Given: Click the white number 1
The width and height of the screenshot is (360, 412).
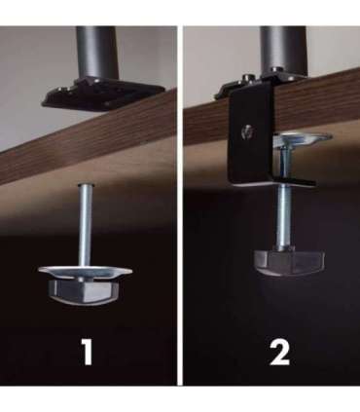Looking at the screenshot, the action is coord(87,353).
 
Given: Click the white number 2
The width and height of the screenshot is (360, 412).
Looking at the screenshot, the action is coord(279,354).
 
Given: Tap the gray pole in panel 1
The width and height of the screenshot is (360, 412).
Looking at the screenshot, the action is coord(96,53).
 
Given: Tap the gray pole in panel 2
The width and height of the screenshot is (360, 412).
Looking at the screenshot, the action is coord(283,50).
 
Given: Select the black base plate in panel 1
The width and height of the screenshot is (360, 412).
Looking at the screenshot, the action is coord(102,94).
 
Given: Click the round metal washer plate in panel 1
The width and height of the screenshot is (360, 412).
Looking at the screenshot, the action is coord(86,272).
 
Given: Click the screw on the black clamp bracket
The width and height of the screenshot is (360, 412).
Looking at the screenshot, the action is coord(247,131).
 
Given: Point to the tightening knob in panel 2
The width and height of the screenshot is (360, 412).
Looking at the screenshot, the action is coord(290,262).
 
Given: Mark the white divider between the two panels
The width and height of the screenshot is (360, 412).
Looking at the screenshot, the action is coord(180,206).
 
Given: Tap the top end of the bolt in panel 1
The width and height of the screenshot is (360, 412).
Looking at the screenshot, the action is coord(86,185).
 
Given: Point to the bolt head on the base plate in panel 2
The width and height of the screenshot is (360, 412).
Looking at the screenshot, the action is coord(248,78).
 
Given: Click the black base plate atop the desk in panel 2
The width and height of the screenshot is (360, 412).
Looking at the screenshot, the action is coord(260,85).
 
